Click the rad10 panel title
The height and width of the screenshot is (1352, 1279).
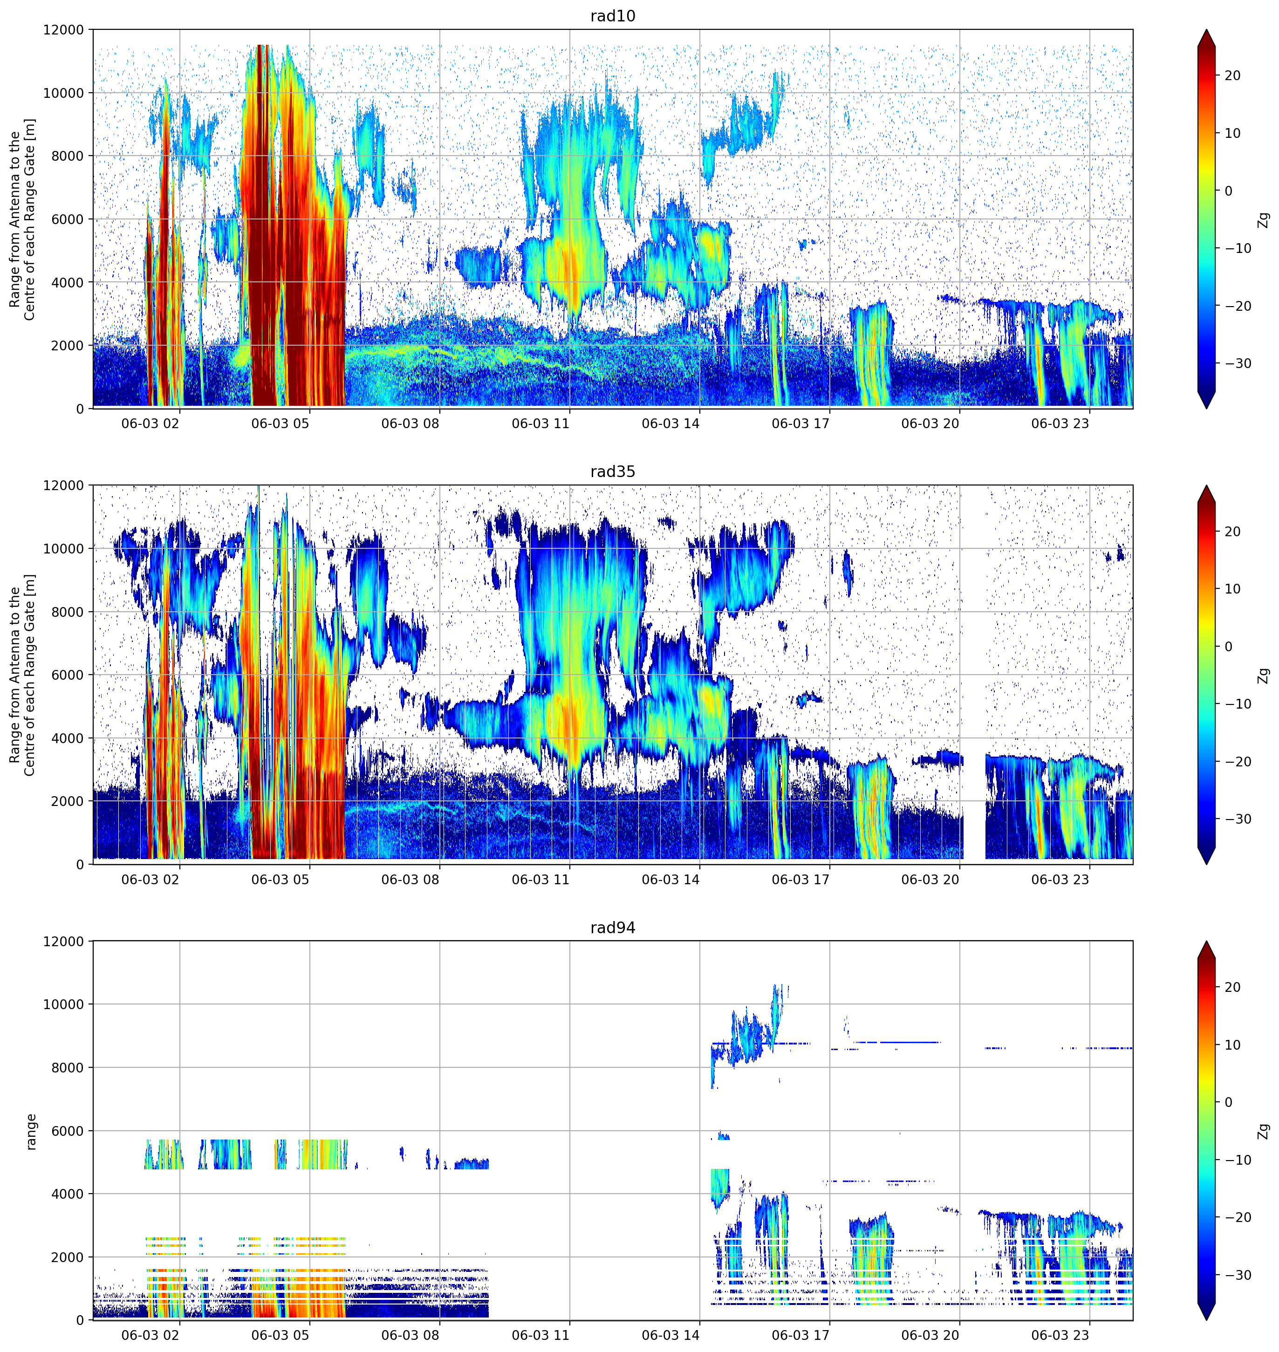[612, 16]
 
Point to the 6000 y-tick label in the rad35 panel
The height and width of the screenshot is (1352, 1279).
[68, 675]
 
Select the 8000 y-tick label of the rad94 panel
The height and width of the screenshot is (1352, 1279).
[68, 1068]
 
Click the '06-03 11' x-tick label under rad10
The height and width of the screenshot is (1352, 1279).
[540, 423]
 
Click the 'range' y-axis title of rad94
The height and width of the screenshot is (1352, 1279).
[31, 1132]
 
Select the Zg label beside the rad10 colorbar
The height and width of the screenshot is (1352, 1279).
[1263, 219]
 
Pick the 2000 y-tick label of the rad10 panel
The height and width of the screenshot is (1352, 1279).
[68, 346]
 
